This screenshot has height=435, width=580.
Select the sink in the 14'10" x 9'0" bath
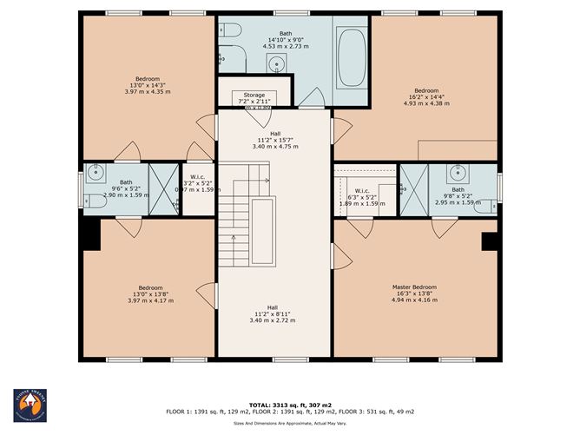pyautogui.click(x=276, y=63)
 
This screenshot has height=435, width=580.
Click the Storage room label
pyautogui.click(x=254, y=95)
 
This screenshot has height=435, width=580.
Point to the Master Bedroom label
pyautogui.click(x=414, y=287)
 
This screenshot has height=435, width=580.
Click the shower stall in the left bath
pyautogui.click(x=162, y=188)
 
